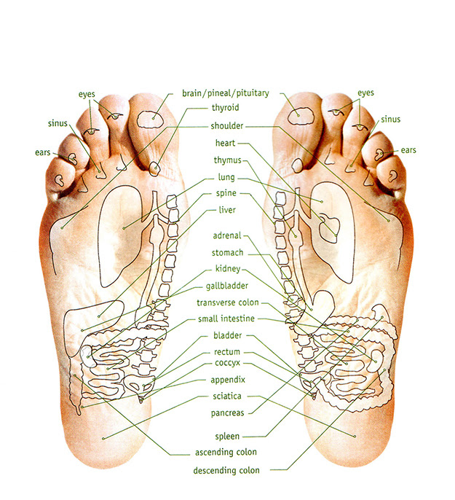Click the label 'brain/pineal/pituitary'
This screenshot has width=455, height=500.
coord(225,94)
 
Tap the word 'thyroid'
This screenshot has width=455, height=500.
coord(225,108)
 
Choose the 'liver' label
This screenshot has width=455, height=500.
coord(227,210)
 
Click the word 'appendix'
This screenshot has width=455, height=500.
coord(228,380)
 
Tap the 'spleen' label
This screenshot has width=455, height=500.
coord(227,437)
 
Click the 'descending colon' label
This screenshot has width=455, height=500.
coord(226,470)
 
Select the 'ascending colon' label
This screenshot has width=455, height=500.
coord(226,452)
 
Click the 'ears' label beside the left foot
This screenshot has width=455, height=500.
coord(43,152)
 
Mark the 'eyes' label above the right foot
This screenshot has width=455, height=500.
coord(366,93)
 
